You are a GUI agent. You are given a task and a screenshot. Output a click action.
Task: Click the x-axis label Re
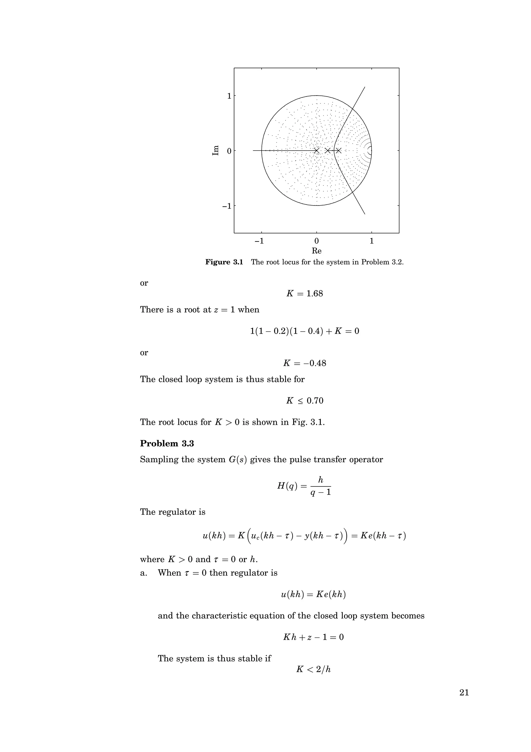tap(316, 251)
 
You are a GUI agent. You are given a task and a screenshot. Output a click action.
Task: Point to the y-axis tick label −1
tap(226, 206)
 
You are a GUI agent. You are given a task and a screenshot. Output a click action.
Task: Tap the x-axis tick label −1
tap(259, 241)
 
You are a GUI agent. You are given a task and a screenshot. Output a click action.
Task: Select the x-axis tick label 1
tap(371, 241)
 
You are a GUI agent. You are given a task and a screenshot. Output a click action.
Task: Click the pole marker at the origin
tap(316, 151)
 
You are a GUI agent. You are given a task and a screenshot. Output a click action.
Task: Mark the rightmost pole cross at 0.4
tap(338, 151)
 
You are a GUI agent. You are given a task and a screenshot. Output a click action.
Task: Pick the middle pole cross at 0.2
tap(327, 151)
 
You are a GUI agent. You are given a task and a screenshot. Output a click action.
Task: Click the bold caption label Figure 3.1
tap(224, 262)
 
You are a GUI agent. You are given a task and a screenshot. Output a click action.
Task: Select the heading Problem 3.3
tap(167, 443)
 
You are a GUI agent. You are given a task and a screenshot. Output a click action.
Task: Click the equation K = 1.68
tap(305, 294)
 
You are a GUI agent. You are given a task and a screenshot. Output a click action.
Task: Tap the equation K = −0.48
tap(305, 363)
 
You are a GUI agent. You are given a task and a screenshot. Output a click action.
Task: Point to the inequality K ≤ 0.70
tap(305, 401)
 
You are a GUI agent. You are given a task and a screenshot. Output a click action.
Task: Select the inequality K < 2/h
tap(313, 669)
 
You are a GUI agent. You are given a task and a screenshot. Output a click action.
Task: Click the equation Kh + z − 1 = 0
tap(313, 637)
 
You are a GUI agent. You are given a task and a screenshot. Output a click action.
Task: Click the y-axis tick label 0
tap(229, 151)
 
